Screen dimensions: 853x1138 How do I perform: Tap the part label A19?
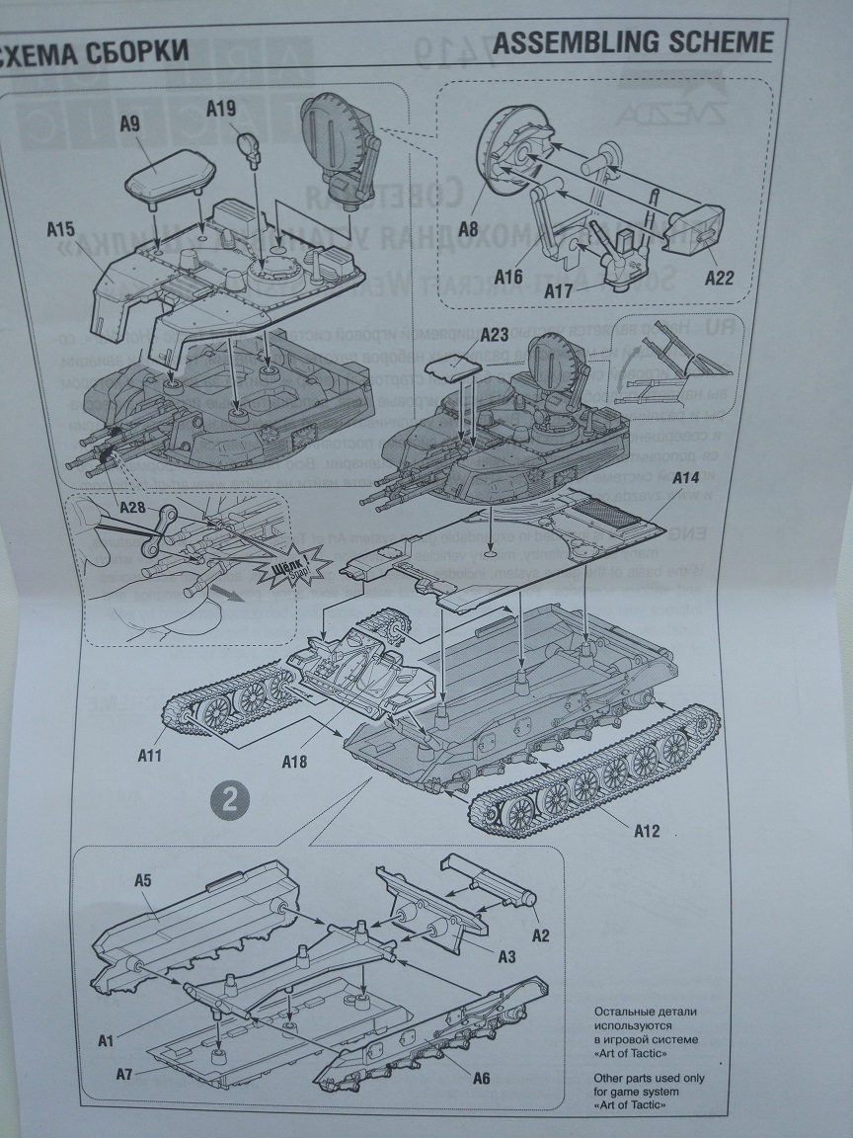[222, 110]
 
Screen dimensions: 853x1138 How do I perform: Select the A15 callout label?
[61, 230]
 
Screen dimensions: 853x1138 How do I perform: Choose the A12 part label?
[647, 830]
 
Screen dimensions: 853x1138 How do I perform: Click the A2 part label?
[540, 934]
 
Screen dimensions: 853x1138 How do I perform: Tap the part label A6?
[480, 1077]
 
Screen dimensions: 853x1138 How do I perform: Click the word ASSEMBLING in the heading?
[574, 41]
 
